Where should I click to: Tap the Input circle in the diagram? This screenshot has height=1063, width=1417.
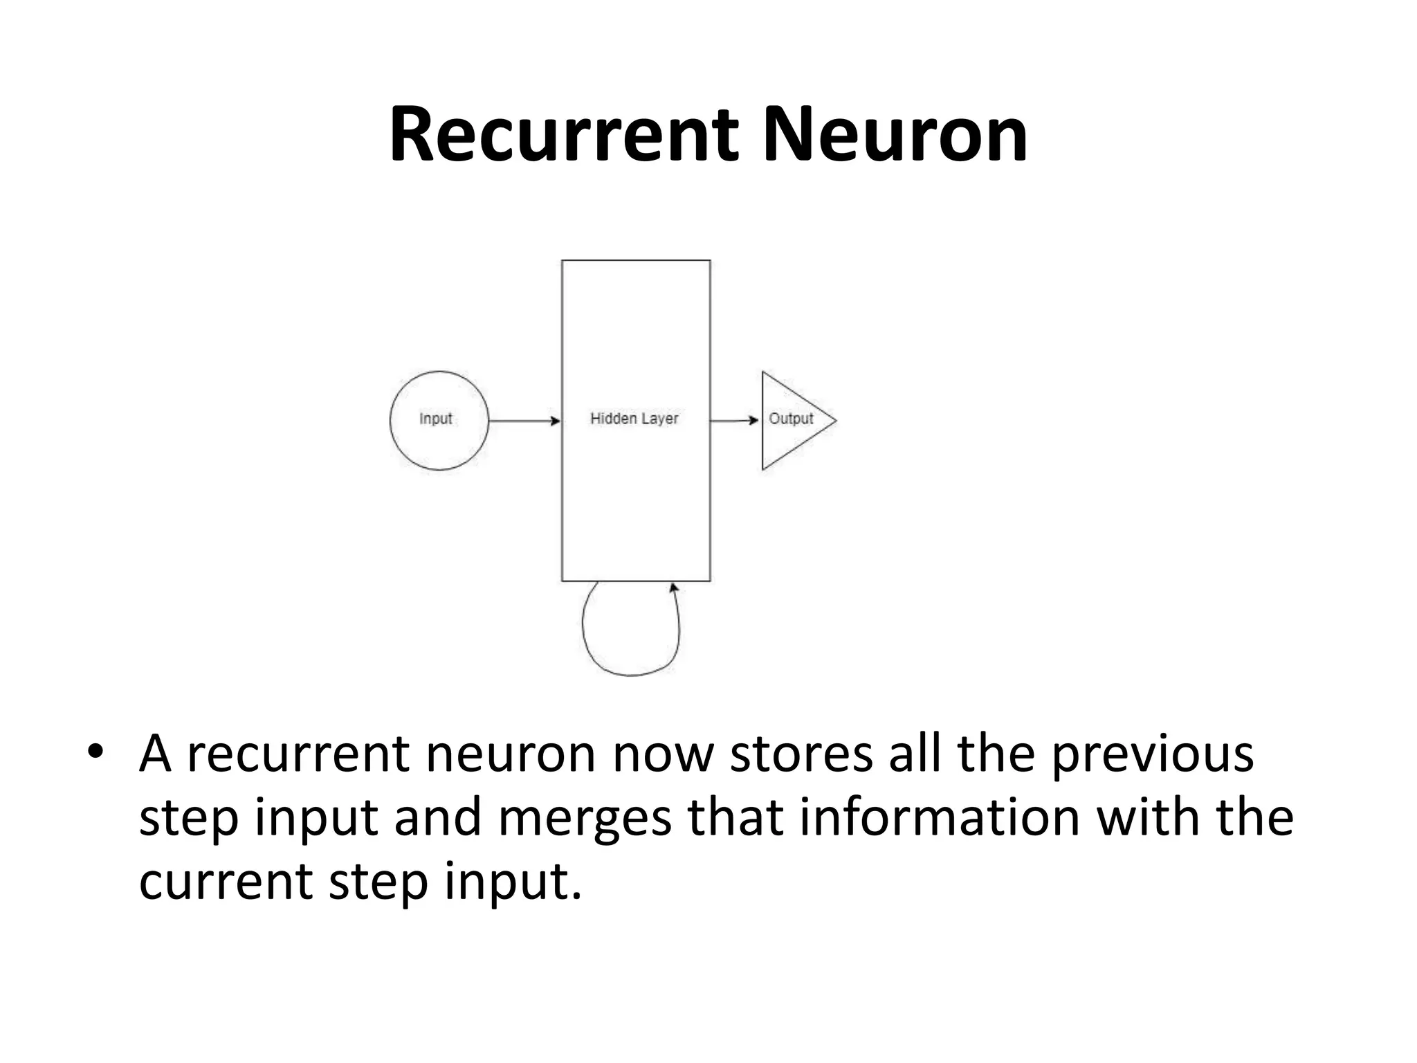pyautogui.click(x=439, y=420)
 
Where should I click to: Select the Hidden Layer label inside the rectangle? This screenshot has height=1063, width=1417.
pyautogui.click(x=634, y=419)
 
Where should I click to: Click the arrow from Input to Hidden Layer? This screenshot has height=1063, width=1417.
pyautogui.click(x=524, y=421)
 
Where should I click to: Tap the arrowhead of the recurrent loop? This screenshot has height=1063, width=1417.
pyautogui.click(x=673, y=588)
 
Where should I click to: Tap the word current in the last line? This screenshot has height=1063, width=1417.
pyautogui.click(x=226, y=882)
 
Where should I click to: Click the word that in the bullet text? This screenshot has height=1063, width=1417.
pyautogui.click(x=735, y=817)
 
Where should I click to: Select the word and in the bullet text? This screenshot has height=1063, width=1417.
pyautogui.click(x=437, y=817)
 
